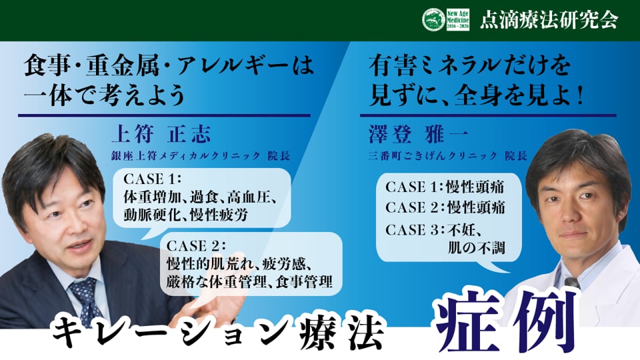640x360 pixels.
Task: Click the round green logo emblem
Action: point(433,19)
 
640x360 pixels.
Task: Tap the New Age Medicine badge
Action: point(458,19)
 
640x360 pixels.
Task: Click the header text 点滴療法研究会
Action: point(549,20)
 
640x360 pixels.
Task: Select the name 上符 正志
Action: point(161,134)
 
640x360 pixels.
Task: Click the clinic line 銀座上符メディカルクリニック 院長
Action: point(201,155)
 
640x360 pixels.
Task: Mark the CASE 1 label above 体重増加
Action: point(151,179)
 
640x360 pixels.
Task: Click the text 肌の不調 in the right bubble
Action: point(476,248)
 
